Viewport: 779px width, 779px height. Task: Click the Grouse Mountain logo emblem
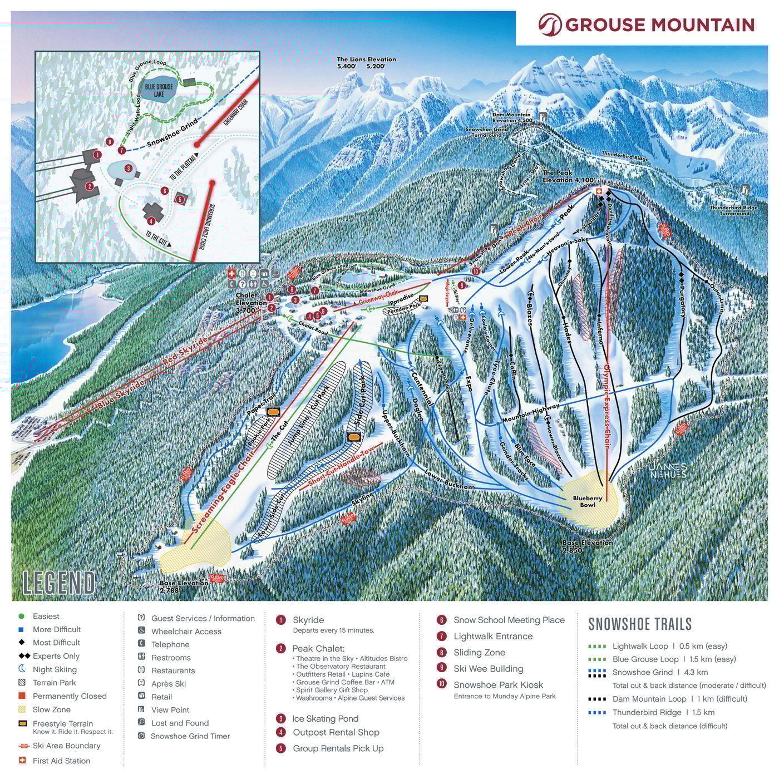coord(550,24)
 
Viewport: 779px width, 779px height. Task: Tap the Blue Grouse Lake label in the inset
coord(159,90)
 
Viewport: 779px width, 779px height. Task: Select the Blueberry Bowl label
coord(588,501)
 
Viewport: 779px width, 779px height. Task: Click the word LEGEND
coord(59,583)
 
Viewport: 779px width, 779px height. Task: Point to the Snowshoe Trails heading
coord(640,624)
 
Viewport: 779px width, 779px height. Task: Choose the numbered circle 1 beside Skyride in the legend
coord(281,620)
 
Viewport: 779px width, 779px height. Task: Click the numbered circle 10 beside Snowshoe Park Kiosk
coord(442,685)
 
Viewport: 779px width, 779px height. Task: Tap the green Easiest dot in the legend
coord(22,617)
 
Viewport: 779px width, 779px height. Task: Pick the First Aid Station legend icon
coord(22,761)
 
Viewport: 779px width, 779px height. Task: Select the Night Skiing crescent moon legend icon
coord(22,669)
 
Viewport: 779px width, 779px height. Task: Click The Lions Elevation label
coord(367,62)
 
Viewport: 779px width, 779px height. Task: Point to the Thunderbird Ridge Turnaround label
coord(734,210)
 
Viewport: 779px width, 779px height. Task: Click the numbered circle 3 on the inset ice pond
coord(128,168)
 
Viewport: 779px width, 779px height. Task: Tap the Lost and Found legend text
coord(180,723)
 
